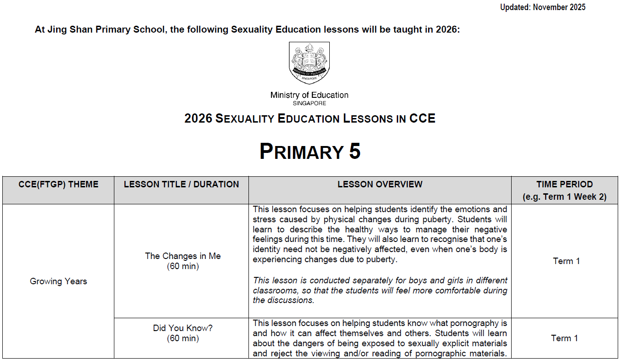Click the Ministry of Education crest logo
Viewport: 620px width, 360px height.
tap(309, 63)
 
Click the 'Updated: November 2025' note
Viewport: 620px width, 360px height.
tap(542, 7)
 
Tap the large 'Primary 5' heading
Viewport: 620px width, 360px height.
tap(310, 152)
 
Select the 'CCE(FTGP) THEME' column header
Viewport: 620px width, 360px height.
tap(58, 185)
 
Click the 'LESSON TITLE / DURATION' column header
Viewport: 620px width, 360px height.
tap(181, 185)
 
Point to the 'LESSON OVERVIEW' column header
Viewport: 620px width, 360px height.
tap(380, 185)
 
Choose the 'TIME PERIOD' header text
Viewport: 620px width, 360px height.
tap(564, 185)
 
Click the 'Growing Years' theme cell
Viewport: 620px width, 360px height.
tap(58, 281)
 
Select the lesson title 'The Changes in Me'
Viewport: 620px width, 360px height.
tap(183, 256)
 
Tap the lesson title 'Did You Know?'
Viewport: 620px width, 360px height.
tap(183, 328)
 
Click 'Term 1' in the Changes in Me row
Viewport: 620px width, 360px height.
tap(566, 261)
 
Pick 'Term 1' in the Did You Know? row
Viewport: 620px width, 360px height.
tap(564, 338)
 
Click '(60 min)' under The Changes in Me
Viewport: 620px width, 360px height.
tap(183, 266)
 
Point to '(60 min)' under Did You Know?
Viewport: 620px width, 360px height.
tap(183, 338)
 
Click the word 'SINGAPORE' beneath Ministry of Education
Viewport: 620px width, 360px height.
tap(309, 104)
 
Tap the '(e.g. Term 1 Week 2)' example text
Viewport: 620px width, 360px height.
tap(564, 197)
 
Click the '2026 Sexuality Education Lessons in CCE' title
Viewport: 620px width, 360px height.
tap(310, 118)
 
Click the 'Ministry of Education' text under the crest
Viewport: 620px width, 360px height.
tap(309, 96)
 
